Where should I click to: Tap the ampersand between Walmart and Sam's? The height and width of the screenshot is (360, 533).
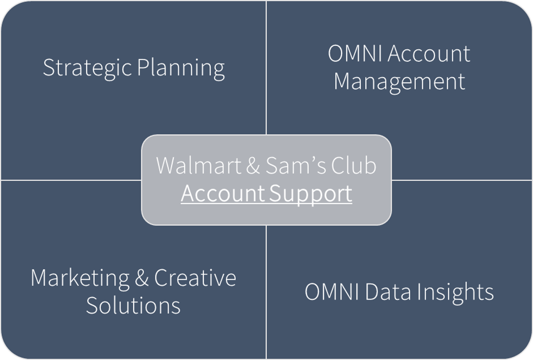(x=253, y=165)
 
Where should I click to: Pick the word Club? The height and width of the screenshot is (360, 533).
(x=353, y=165)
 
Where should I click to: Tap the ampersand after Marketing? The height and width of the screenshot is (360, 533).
(x=141, y=278)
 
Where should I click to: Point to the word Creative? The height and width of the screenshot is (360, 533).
(x=195, y=277)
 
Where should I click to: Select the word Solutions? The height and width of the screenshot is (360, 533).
(x=133, y=305)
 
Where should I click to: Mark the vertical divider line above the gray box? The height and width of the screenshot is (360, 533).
(x=266, y=66)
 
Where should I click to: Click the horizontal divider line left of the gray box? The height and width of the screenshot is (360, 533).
(x=71, y=180)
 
